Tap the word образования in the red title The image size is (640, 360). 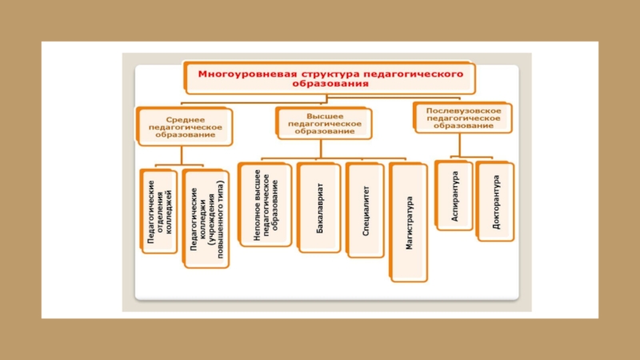(330, 84)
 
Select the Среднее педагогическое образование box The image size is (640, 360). (185, 126)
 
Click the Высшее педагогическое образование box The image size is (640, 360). (324, 123)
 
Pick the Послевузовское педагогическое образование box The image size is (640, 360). (463, 118)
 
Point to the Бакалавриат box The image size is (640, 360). (318, 208)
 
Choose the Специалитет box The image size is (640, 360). (365, 210)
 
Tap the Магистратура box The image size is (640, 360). (408, 222)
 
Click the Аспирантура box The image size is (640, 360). (454, 195)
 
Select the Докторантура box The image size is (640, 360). (494, 202)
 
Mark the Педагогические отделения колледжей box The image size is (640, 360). (158, 211)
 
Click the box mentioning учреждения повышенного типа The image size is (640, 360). (206, 218)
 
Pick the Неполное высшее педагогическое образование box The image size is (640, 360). (265, 205)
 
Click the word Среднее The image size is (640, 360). (186, 119)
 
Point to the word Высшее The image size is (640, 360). (325, 116)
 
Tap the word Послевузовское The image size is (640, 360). (464, 110)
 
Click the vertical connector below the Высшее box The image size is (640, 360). (321, 149)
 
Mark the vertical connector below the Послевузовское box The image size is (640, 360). (459, 145)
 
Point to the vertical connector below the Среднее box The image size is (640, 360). (182, 155)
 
